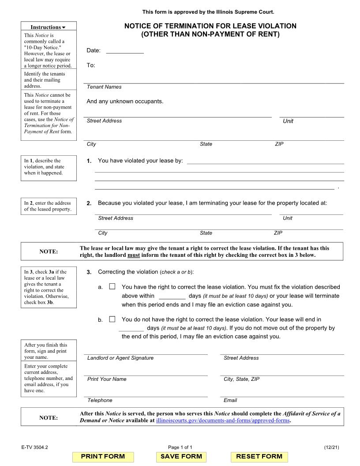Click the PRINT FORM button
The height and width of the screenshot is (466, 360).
103,456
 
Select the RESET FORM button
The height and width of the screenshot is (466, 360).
259,456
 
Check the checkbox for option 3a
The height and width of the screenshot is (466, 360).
112,286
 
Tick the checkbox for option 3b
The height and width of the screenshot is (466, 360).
112,319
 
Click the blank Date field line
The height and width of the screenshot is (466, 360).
125,50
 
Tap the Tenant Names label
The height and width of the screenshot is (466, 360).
104,87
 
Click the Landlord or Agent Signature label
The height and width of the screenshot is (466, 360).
120,358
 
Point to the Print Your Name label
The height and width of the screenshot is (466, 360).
107,379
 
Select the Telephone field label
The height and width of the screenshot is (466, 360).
100,400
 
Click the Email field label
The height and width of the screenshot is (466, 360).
230,400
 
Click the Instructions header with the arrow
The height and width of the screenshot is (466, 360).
48,27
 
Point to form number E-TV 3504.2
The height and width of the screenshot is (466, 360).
34,447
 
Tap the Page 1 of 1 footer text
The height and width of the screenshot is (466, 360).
180,447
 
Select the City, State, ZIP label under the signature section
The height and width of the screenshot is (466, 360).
241,379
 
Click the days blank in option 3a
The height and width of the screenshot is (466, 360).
172,296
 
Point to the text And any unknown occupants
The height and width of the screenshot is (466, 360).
125,101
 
